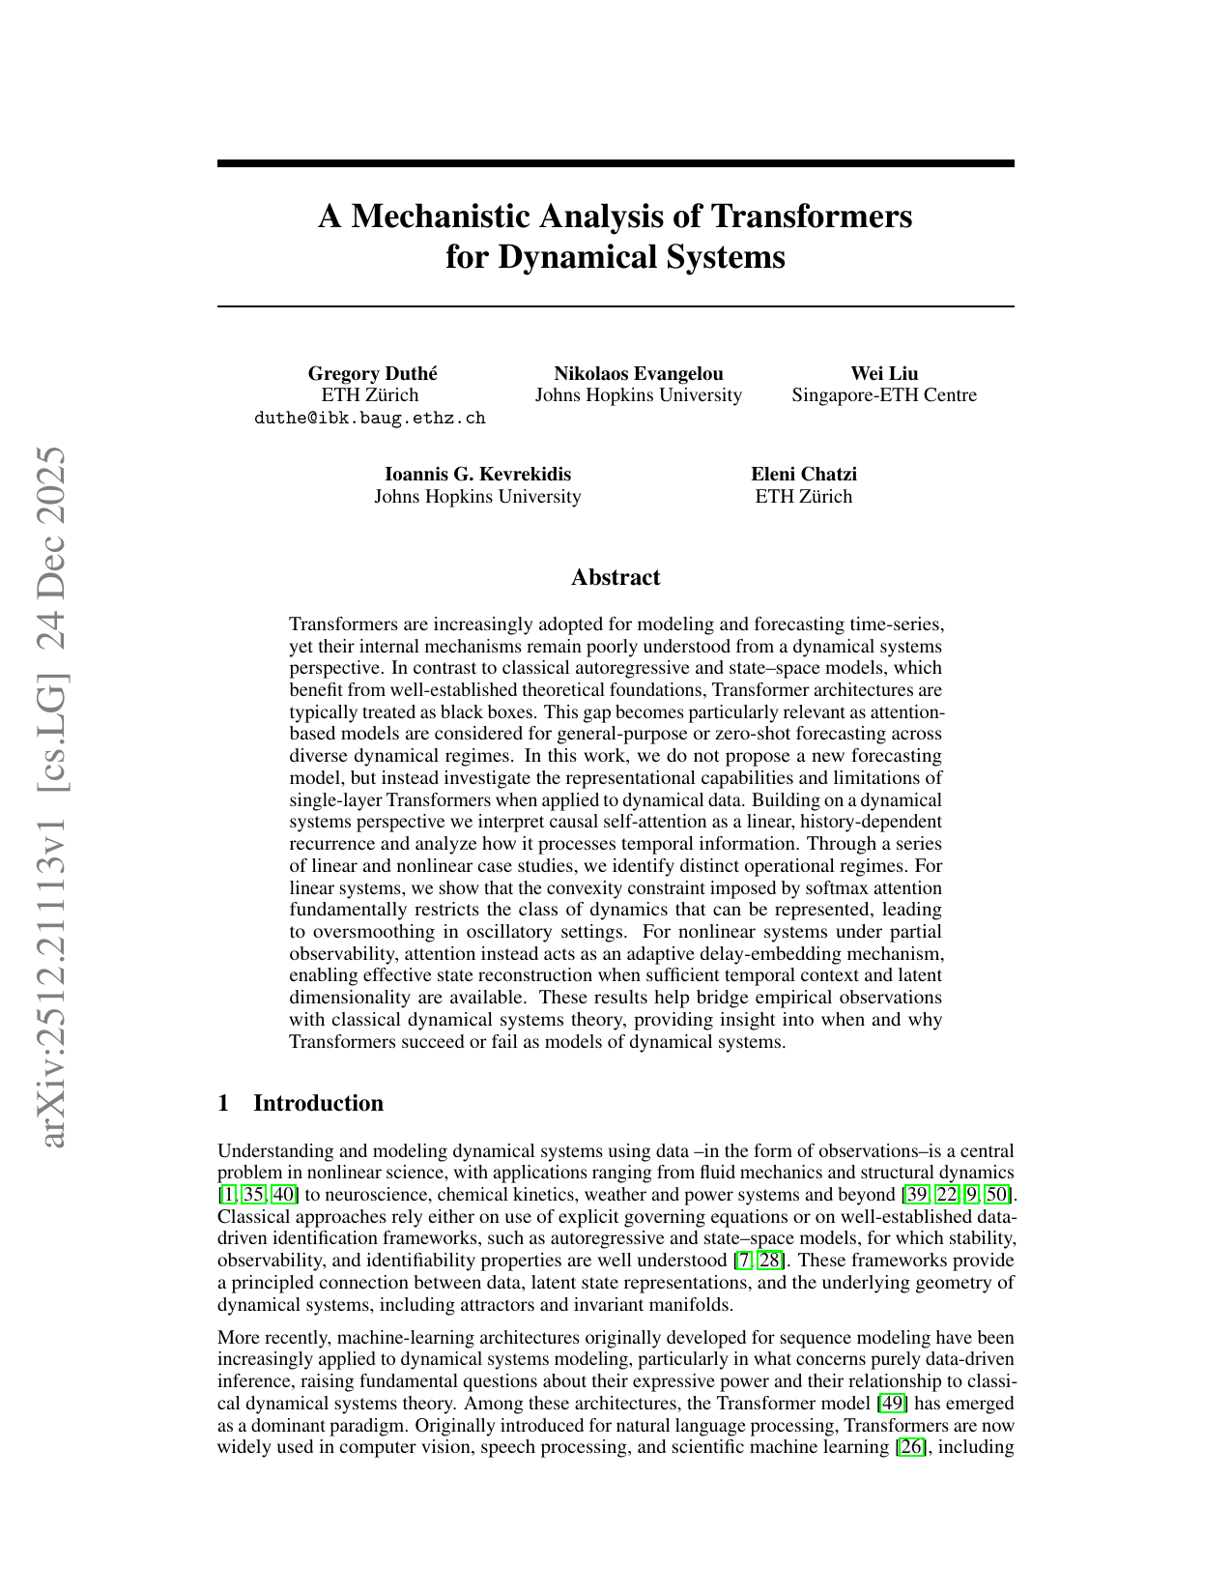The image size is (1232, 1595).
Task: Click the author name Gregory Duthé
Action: coord(371,373)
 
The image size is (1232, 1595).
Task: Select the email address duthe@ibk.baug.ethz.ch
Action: coord(370,418)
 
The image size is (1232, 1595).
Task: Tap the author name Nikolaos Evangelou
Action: coord(639,373)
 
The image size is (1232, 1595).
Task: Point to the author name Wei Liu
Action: coord(884,373)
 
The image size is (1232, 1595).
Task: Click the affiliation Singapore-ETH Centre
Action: coord(884,395)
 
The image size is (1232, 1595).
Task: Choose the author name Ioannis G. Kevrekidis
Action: coord(477,474)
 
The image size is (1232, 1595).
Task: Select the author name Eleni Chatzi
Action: coord(804,474)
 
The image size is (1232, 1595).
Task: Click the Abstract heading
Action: coord(616,577)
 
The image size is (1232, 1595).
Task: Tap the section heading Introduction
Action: coord(318,1103)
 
